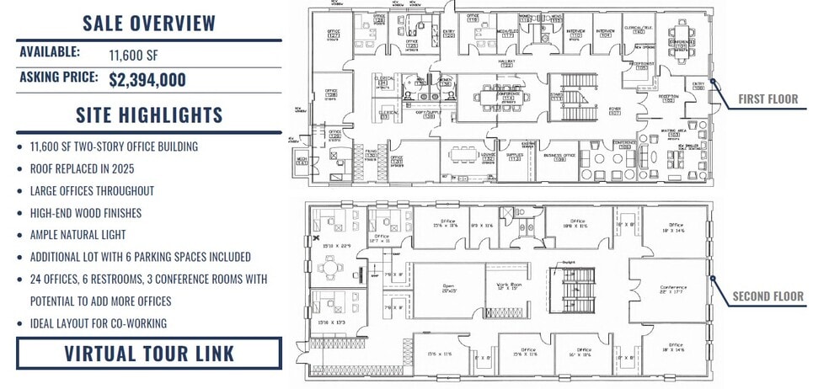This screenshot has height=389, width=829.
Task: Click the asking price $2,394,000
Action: [147, 80]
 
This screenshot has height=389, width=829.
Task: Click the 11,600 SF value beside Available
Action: [133, 56]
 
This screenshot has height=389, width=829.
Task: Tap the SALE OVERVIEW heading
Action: [149, 23]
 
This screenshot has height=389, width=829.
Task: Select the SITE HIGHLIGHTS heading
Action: [149, 115]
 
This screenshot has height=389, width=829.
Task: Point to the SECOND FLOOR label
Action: [767, 296]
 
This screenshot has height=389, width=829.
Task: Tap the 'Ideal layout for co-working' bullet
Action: [98, 322]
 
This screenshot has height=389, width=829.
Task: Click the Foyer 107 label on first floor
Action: [614, 111]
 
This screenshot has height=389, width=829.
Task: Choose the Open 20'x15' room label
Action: [447, 288]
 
